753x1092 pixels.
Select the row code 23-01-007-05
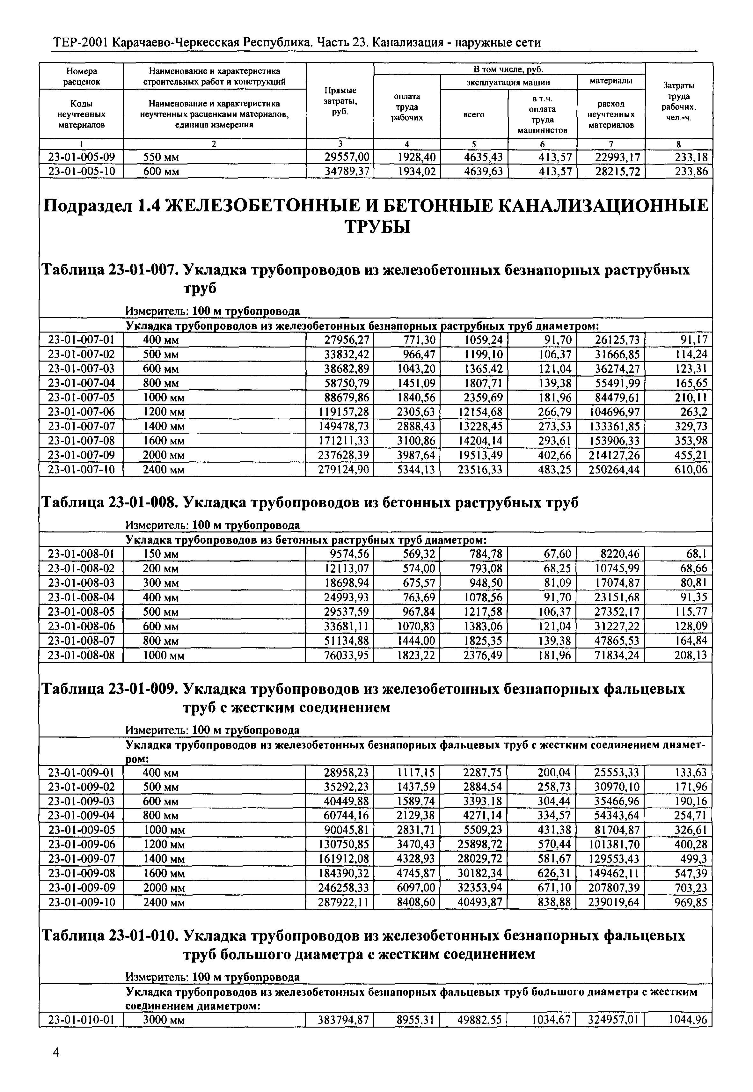pos(81,397)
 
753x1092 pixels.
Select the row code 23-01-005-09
pos(81,157)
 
